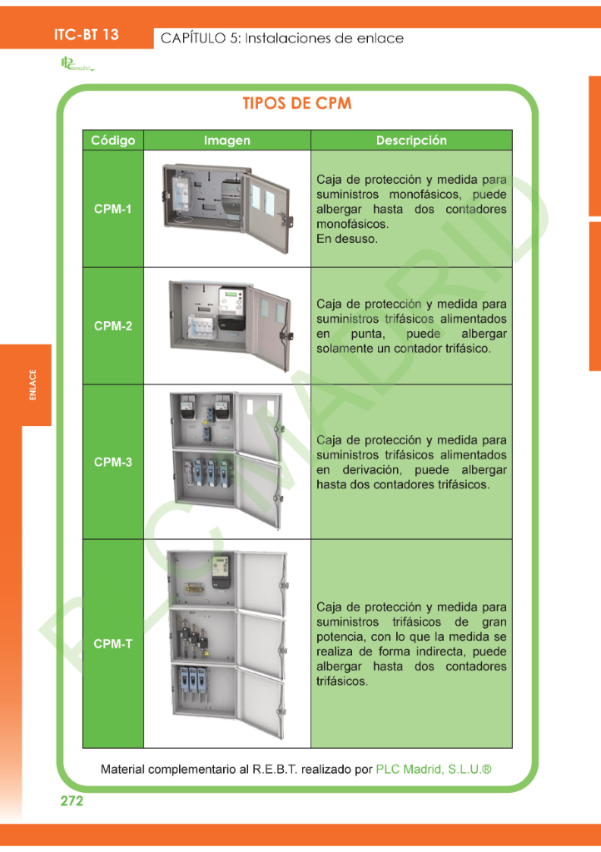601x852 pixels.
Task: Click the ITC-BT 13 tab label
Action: tap(86, 35)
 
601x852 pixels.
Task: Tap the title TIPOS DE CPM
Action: tap(297, 103)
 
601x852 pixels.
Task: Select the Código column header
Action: tap(113, 140)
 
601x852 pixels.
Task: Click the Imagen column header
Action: tap(227, 140)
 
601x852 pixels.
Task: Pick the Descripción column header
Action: tap(411, 140)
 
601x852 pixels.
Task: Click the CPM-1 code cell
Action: tap(113, 209)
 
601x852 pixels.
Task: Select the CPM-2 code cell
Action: tap(113, 326)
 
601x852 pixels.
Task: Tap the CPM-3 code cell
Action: tap(113, 462)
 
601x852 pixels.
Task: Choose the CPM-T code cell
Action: tap(113, 644)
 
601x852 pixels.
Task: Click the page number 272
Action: tap(72, 801)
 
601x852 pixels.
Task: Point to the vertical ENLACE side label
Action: tap(32, 384)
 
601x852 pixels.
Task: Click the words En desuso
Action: tap(346, 239)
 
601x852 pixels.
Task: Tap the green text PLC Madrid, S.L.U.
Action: tap(434, 770)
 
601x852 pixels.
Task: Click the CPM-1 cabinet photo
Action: tap(228, 208)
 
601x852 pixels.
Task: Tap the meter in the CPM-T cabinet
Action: tap(221, 572)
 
